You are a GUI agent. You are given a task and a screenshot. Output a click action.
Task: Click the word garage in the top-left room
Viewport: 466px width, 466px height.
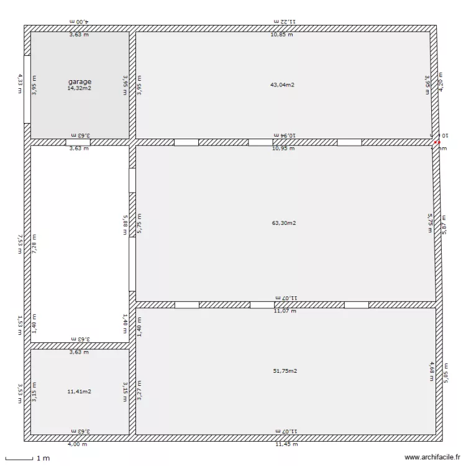pyautogui.click(x=80, y=81)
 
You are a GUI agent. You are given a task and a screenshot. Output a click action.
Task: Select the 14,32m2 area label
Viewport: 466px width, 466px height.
pyautogui.click(x=80, y=88)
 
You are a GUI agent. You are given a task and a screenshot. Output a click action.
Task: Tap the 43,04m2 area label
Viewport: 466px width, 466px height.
pyautogui.click(x=282, y=85)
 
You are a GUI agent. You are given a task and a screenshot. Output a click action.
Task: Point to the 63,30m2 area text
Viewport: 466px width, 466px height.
pyautogui.click(x=284, y=222)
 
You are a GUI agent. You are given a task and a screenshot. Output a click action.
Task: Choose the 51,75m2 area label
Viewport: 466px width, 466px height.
pyautogui.click(x=285, y=371)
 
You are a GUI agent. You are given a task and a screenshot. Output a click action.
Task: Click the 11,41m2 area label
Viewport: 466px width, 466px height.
pyautogui.click(x=80, y=391)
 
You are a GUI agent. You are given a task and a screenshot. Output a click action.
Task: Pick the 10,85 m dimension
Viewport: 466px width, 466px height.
pyautogui.click(x=281, y=35)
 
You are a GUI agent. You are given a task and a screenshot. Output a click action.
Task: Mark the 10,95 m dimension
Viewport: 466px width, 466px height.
pyautogui.click(x=283, y=148)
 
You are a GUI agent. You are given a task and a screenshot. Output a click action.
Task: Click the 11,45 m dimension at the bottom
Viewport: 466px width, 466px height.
pyautogui.click(x=286, y=444)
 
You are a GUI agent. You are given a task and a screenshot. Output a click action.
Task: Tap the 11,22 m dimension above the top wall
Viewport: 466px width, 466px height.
pyautogui.click(x=285, y=21)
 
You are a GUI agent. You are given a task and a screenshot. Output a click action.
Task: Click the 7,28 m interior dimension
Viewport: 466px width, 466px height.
pyautogui.click(x=34, y=242)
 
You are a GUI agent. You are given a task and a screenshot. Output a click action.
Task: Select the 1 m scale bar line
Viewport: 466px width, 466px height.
pyautogui.click(x=18, y=459)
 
